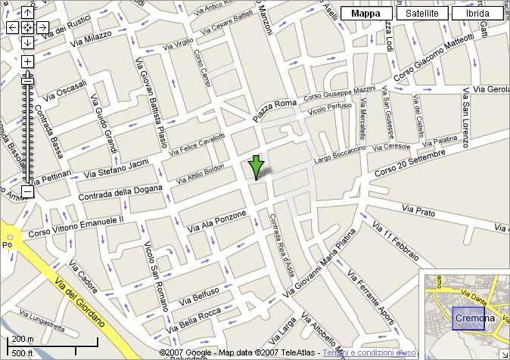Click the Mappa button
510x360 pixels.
tap(366, 13)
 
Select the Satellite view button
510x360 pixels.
tap(421, 13)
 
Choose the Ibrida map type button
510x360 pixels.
tap(477, 13)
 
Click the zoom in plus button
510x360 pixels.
tap(27, 61)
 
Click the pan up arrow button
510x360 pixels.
tap(27, 13)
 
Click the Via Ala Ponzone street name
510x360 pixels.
tap(213, 221)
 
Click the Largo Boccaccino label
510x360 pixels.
tap(339, 155)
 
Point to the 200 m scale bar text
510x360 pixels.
tap(23, 339)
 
